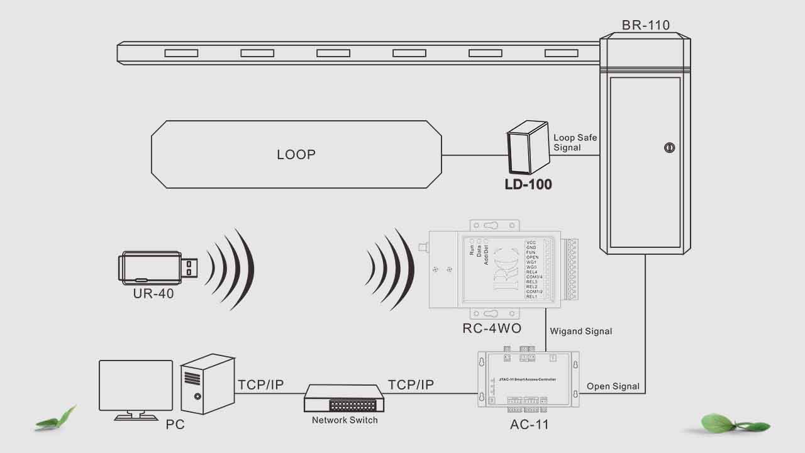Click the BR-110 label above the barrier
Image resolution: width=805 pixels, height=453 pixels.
click(x=645, y=26)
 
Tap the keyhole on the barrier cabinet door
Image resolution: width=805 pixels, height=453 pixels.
click(x=669, y=148)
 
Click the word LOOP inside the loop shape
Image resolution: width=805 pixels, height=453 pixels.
click(x=296, y=155)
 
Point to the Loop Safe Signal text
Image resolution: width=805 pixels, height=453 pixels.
click(x=575, y=142)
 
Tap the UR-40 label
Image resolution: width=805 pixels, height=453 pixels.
click(x=153, y=294)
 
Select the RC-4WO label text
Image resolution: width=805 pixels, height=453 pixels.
click(x=492, y=328)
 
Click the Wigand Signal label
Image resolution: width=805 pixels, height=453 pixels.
click(x=580, y=331)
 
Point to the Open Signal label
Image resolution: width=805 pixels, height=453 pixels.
click(x=613, y=386)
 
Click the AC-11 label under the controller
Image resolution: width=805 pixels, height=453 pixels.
click(x=530, y=425)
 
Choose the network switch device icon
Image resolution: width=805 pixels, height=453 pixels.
click(x=343, y=398)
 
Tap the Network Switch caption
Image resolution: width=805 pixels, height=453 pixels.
click(x=345, y=420)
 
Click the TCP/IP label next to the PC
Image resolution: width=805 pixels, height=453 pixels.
click(x=261, y=385)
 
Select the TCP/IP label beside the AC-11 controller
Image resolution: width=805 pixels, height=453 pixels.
click(x=411, y=385)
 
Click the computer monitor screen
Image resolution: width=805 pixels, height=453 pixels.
click(x=136, y=384)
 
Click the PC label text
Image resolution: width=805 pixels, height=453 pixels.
click(x=175, y=425)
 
